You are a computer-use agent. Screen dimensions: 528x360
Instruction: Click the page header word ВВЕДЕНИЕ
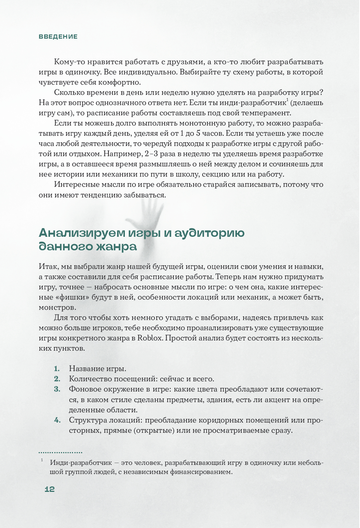[x=58, y=37]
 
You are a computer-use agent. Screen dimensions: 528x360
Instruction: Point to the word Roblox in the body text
[x=149, y=338]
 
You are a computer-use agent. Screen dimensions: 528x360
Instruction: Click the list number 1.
[x=57, y=369]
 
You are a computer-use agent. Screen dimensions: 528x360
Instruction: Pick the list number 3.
[x=57, y=389]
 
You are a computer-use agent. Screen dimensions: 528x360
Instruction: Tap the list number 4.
[x=57, y=420]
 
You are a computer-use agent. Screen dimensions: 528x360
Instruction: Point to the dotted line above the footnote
[x=60, y=452]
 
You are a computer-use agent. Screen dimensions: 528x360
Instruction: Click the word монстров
[x=57, y=307]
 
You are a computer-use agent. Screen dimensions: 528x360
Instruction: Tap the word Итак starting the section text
[x=46, y=266]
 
